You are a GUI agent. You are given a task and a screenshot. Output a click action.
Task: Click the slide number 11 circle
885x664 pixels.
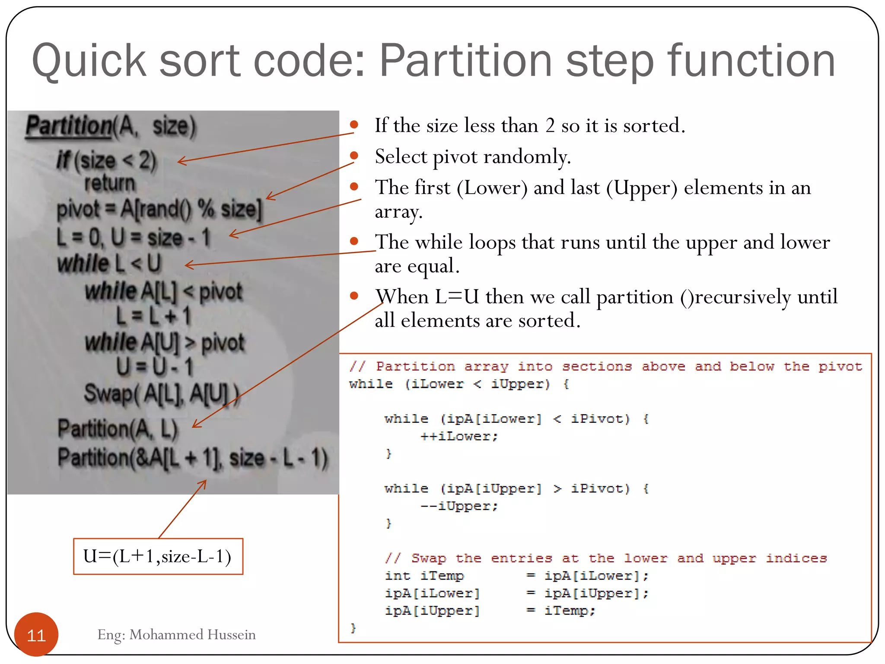click(36, 634)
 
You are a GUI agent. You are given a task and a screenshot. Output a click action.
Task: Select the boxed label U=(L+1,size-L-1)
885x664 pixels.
click(158, 556)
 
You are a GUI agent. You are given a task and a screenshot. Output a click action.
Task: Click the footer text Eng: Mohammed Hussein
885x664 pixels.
click(176, 635)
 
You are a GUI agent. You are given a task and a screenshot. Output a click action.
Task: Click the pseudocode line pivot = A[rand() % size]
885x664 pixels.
click(159, 209)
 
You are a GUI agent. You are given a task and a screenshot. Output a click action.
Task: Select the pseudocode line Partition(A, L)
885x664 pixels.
click(118, 429)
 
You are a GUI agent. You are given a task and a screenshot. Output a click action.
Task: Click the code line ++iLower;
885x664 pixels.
click(459, 436)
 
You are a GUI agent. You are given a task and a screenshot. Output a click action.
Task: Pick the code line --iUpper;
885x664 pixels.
click(459, 506)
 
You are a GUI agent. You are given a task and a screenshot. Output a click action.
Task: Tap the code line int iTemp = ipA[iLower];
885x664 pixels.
click(516, 576)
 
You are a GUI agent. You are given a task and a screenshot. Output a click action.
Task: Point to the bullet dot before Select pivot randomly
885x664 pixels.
click(354, 155)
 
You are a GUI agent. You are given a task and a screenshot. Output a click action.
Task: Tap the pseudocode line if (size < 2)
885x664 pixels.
click(106, 160)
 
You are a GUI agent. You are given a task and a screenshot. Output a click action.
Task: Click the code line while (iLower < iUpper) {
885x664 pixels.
click(459, 384)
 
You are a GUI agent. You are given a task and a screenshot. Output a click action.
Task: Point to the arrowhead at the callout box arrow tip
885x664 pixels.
click(205, 481)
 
